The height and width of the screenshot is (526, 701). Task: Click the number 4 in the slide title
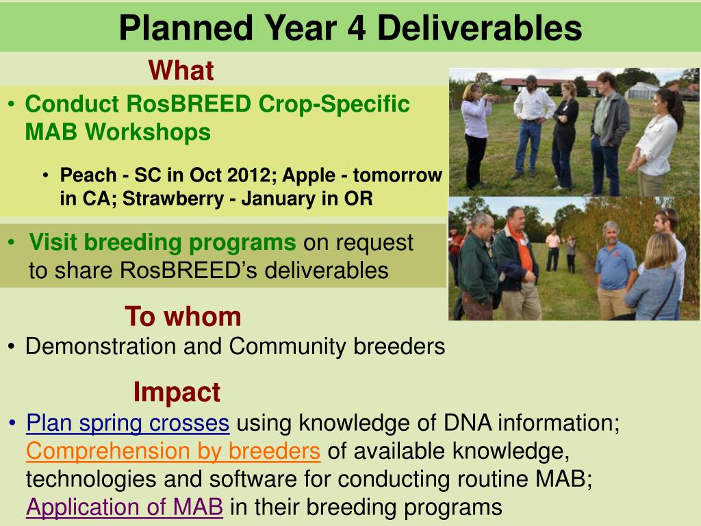[x=356, y=28]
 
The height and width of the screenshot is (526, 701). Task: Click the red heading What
[x=181, y=71]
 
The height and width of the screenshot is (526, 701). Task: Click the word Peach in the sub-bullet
[x=88, y=175]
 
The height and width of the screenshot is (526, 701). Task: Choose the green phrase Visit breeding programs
[x=162, y=242]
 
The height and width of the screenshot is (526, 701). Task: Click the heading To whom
[x=183, y=316]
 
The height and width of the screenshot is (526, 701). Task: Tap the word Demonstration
[x=101, y=346]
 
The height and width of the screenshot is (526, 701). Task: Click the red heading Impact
[x=177, y=392]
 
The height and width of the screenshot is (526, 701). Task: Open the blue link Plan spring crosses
[x=128, y=423]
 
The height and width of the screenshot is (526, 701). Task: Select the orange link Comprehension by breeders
[x=173, y=451]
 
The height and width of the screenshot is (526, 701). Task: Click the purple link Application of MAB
[x=125, y=508]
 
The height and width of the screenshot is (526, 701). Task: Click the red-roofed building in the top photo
[x=546, y=84]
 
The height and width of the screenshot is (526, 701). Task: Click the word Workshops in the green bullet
[x=148, y=132]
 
